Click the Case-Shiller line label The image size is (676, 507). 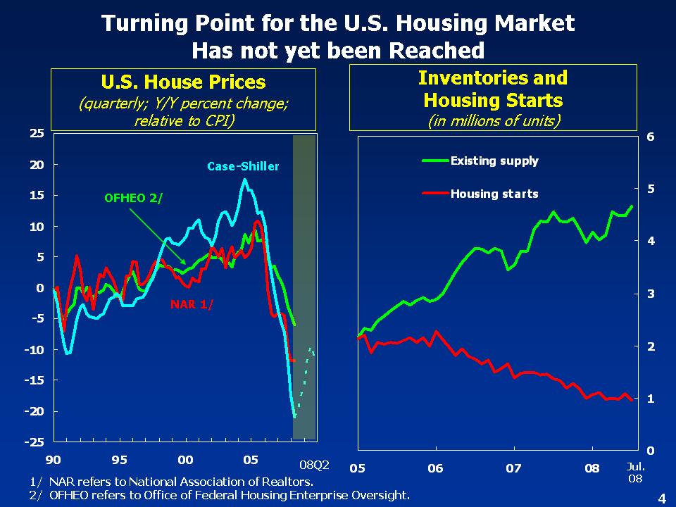coord(243,167)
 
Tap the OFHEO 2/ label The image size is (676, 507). coord(133,198)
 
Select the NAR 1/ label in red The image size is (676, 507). coord(191,304)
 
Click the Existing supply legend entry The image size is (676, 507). coord(494,161)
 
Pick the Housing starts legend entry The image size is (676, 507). coord(494,194)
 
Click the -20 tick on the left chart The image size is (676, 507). coord(34,411)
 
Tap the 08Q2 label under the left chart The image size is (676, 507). coord(314,465)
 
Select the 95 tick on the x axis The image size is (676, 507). coord(119,460)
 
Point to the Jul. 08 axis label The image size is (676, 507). coord(636,472)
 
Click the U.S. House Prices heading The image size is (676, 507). coord(183,82)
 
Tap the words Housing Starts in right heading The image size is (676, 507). coord(493,100)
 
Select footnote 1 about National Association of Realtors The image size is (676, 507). coord(172,482)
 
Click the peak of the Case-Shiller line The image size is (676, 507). coord(244,180)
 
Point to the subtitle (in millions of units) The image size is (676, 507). coord(493,120)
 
